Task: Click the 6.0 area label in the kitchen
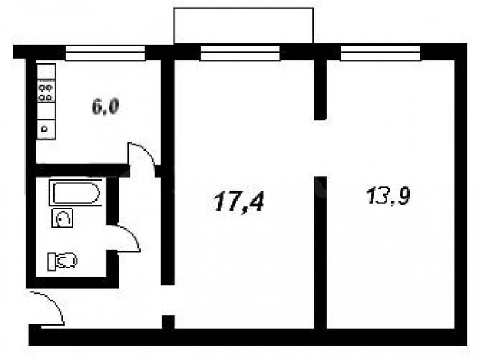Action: [105, 107]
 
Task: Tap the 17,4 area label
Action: [239, 201]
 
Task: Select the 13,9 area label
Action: [388, 196]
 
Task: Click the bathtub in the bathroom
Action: [75, 193]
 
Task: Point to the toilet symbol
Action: [62, 261]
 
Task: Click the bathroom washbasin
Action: [62, 218]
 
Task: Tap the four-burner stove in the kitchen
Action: [46, 91]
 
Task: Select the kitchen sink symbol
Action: [46, 129]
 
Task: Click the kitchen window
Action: [105, 53]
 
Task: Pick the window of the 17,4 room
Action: [240, 53]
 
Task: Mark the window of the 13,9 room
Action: [380, 53]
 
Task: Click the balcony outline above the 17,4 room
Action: [243, 8]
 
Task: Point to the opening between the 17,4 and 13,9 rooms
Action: [320, 148]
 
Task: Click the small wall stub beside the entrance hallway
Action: [168, 322]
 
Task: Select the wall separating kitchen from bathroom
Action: [82, 171]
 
